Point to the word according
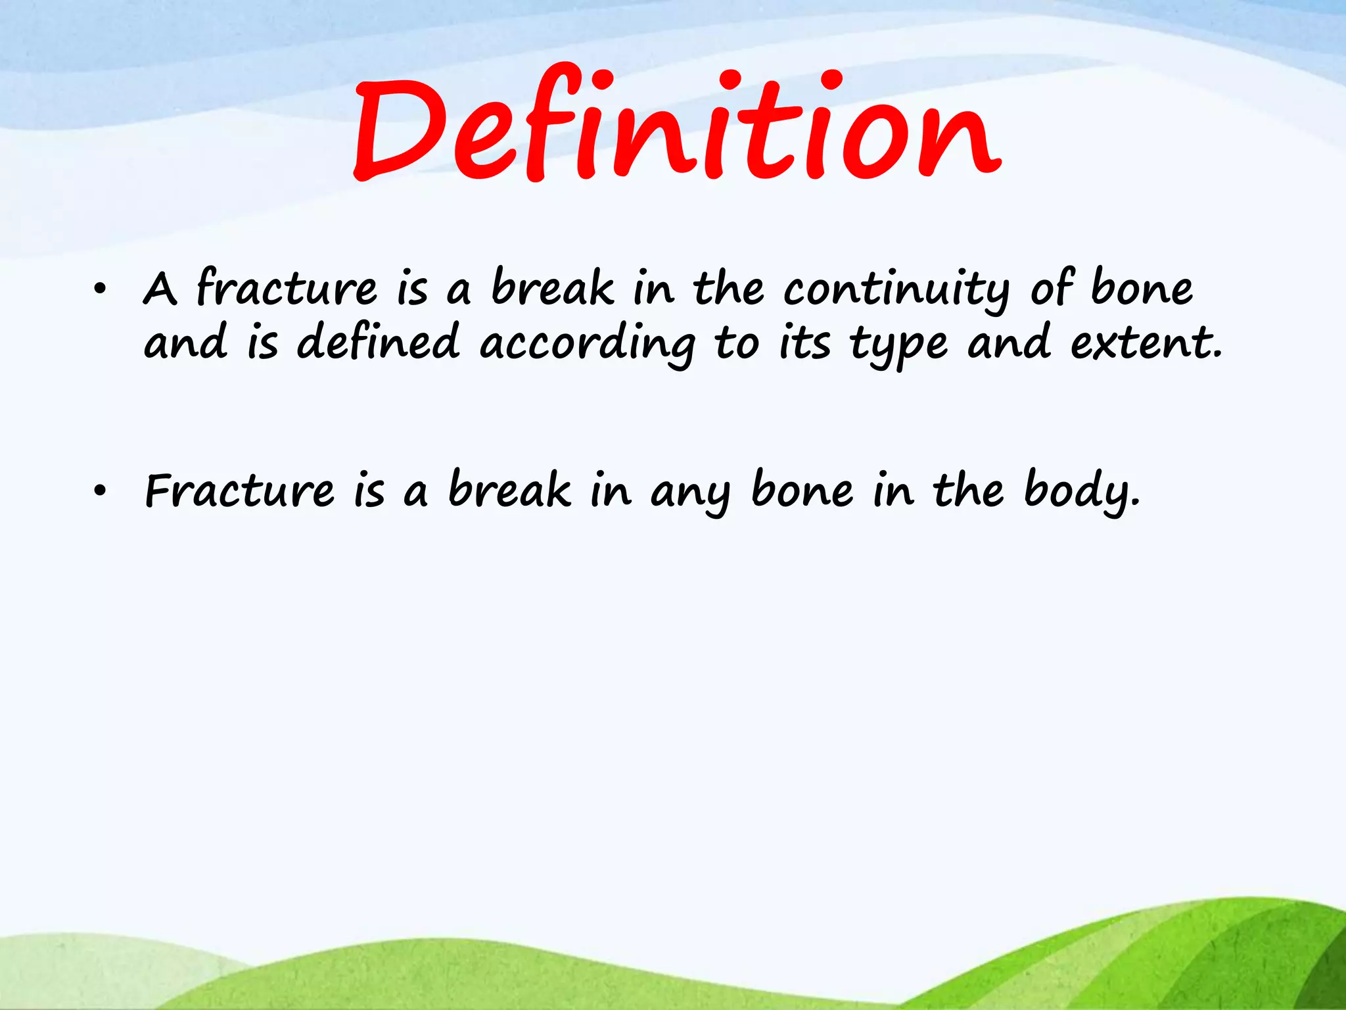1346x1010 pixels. point(587,345)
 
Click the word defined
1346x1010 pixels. point(378,342)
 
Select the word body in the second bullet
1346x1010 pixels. point(1081,491)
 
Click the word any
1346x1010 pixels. point(690,493)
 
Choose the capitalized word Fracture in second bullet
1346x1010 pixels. point(239,491)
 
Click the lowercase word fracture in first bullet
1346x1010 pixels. point(287,288)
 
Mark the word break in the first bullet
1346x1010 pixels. point(553,288)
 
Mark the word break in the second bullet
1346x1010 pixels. point(510,490)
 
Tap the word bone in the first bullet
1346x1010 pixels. point(1142,288)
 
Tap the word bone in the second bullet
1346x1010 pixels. point(802,490)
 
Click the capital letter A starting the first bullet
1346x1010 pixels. point(160,289)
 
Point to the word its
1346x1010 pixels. point(804,343)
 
